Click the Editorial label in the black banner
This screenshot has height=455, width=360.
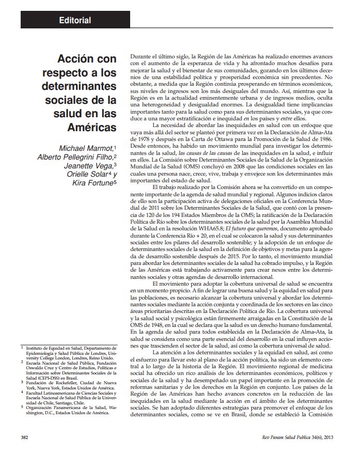pyautogui.click(x=75, y=21)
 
